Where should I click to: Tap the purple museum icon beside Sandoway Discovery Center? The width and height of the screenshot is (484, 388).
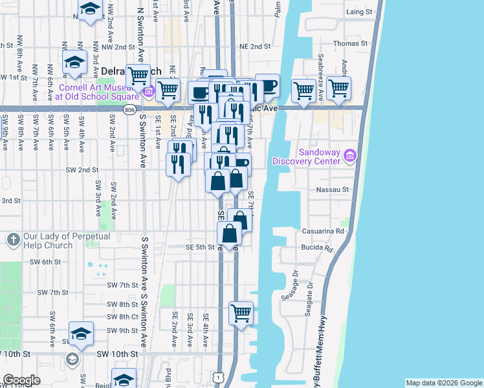351,155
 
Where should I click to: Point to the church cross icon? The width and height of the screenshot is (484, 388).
12,241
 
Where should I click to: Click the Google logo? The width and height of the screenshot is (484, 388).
21,380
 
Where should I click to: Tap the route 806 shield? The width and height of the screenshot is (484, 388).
129,110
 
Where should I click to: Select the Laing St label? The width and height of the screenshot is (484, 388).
359,12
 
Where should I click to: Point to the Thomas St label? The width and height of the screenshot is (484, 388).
350,43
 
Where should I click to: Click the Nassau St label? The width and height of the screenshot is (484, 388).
333,190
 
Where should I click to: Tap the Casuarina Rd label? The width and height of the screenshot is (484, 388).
322,231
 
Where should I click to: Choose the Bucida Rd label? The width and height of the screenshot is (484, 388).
316,248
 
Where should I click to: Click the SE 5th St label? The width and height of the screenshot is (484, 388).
200,247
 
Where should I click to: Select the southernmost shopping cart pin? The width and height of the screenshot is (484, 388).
241,314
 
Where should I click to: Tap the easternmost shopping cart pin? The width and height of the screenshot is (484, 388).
338,88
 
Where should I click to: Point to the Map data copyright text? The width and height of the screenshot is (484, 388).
443,383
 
